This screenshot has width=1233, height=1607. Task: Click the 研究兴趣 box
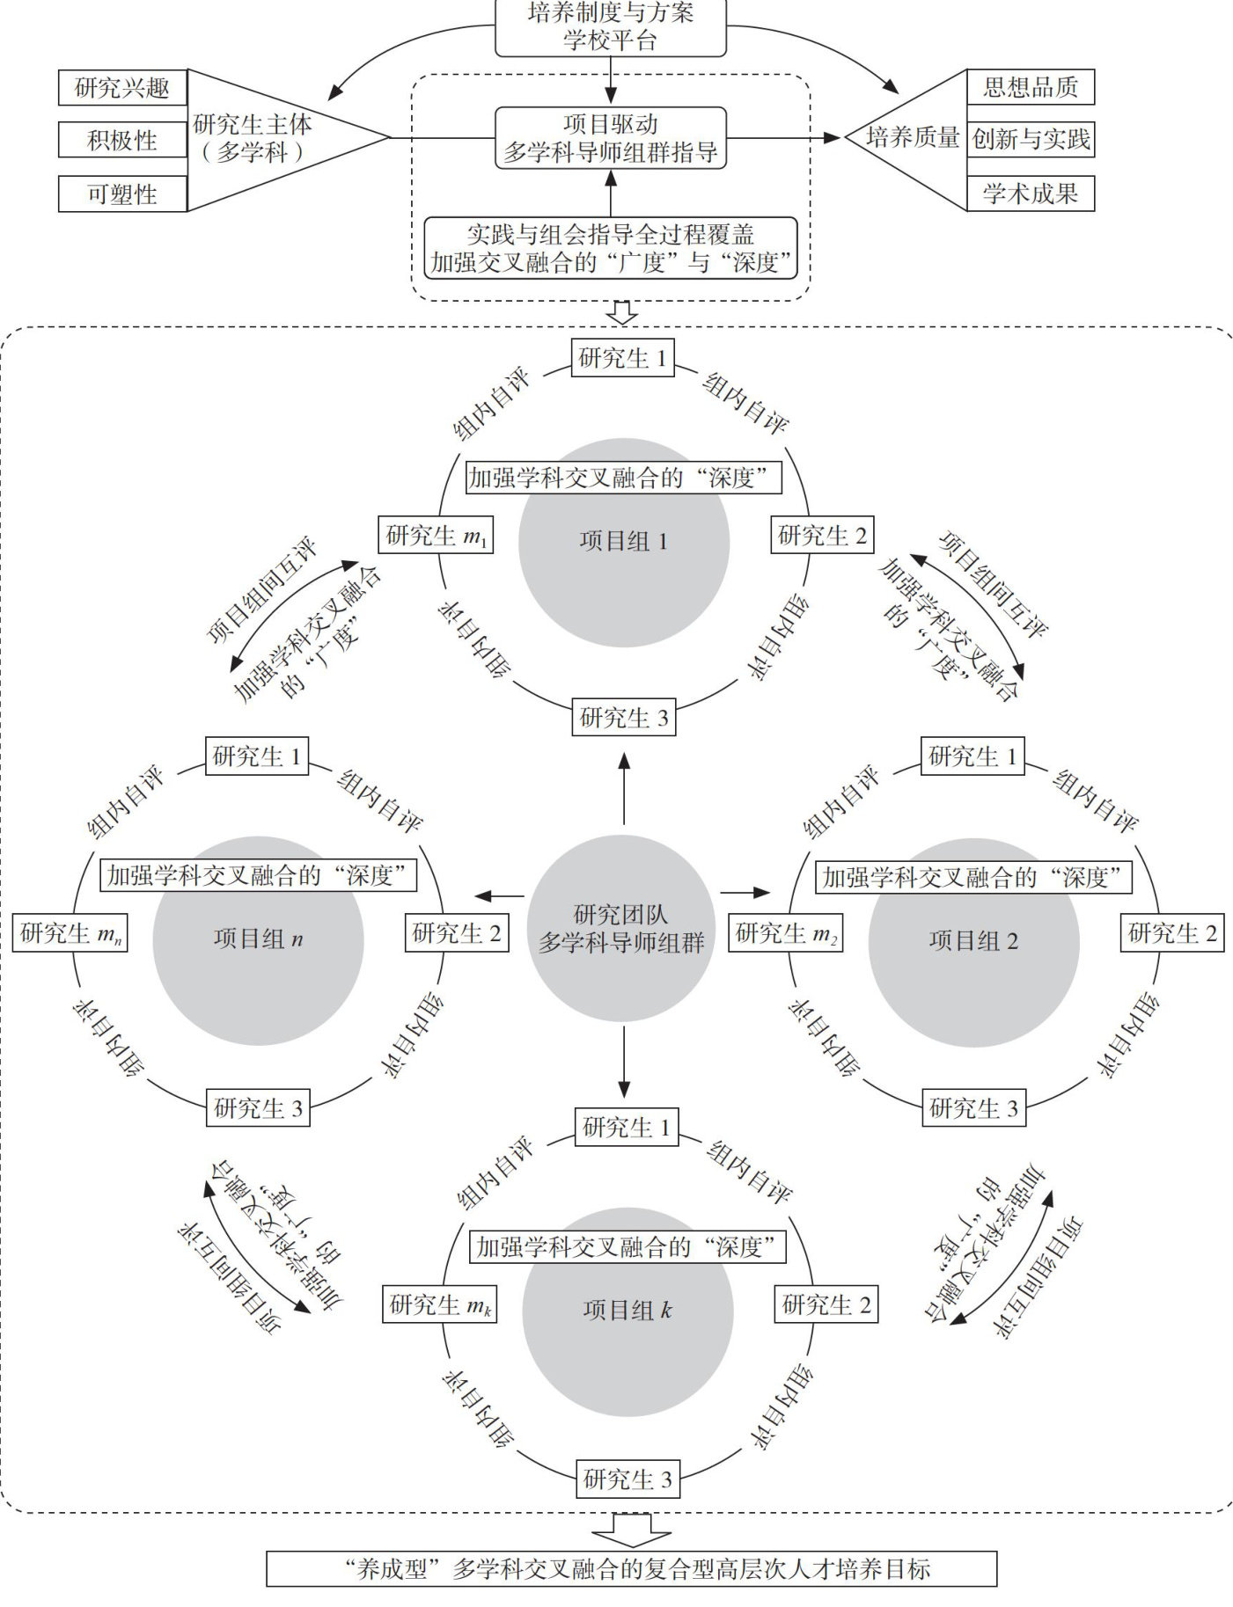coord(122,88)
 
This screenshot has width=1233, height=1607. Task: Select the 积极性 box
coord(122,141)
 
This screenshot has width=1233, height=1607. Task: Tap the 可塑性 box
coord(122,194)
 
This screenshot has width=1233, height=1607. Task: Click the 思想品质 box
coord(1031,87)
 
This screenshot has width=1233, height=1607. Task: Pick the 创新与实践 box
coord(1031,139)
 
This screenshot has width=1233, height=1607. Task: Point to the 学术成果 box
coord(1031,194)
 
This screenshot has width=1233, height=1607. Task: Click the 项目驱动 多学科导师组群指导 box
coord(611,138)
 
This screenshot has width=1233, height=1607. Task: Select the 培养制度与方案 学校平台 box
coord(611,27)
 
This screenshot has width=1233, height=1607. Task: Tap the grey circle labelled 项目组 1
coord(624,543)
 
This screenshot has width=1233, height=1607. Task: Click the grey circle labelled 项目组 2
coord(974,942)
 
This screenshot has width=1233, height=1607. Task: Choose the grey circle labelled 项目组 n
coord(259,940)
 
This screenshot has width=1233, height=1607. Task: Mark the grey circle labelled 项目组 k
coord(628,1311)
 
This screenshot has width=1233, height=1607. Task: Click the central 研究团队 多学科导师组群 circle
coord(620,929)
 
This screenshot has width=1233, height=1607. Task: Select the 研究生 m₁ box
coord(436,535)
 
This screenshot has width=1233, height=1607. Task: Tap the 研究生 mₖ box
coord(440,1304)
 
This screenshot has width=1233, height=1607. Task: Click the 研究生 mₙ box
coord(70,933)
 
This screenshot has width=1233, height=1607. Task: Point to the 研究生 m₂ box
coord(786,933)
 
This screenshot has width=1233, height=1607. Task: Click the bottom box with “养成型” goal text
coord(632,1569)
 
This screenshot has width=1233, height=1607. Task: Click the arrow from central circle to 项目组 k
coord(624,1061)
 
